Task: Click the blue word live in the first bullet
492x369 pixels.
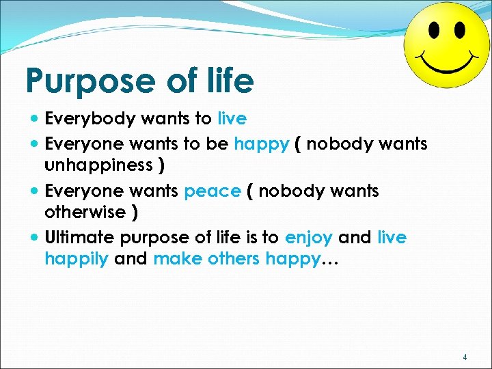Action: point(232,118)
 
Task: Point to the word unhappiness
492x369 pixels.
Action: point(98,165)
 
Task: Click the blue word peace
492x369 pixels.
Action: point(213,191)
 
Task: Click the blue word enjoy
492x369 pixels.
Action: point(309,238)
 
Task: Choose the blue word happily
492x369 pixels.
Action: point(77,259)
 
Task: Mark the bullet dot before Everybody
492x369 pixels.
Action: point(35,119)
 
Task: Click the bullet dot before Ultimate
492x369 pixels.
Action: point(35,238)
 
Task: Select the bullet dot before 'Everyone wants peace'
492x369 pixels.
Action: point(35,191)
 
